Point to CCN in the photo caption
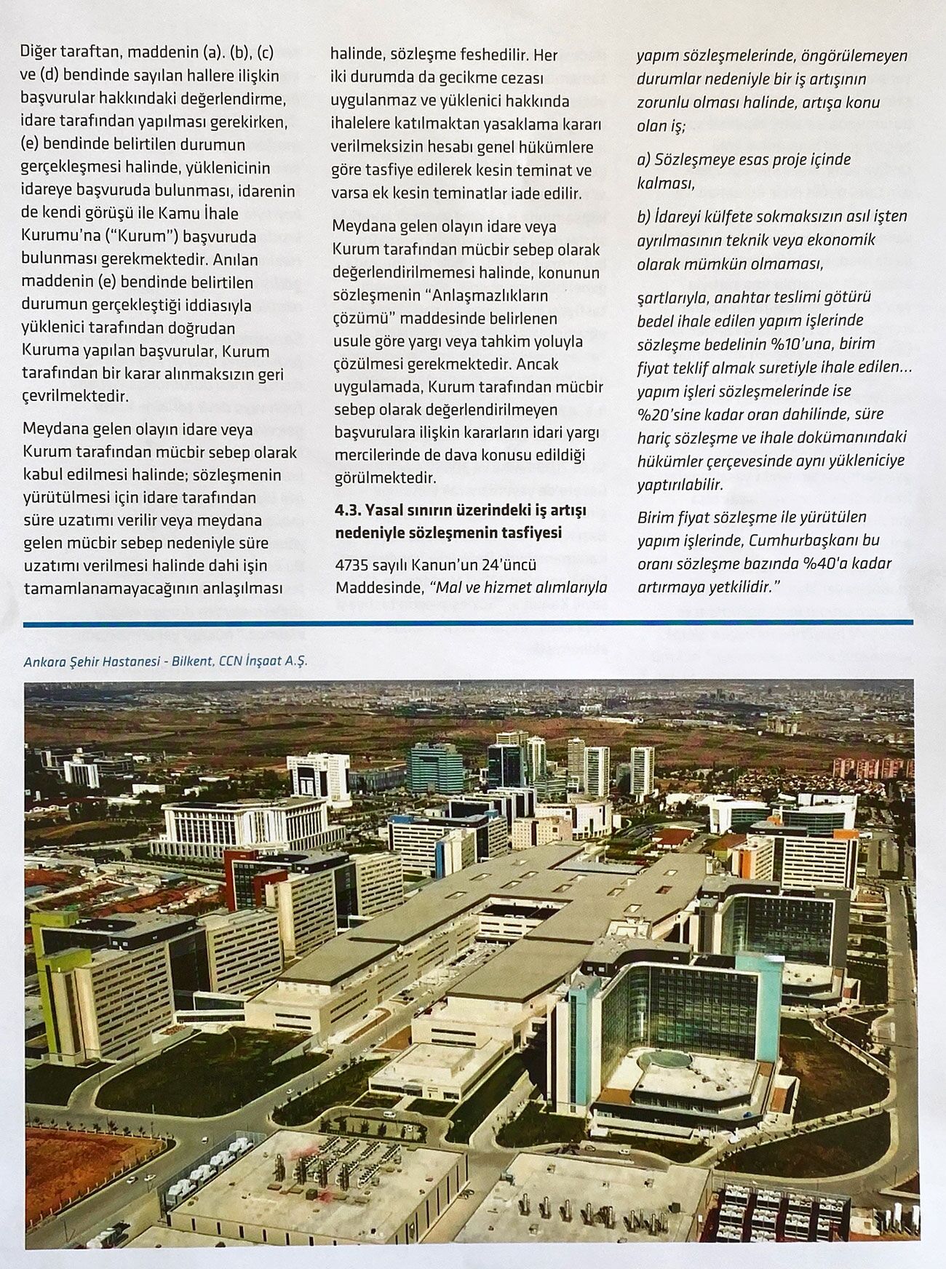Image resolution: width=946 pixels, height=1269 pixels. tap(231, 661)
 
